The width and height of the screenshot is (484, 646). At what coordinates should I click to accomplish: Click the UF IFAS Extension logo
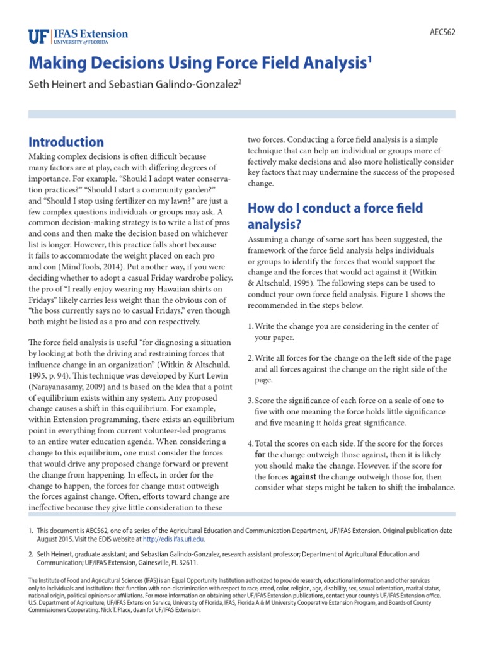(x=78, y=35)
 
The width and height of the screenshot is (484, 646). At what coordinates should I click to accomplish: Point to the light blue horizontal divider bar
(x=242, y=114)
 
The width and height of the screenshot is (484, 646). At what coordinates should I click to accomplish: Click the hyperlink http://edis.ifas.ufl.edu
(x=173, y=539)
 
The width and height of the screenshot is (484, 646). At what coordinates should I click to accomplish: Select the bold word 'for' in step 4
(x=260, y=455)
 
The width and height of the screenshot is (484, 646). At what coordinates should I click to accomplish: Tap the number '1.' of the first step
(x=251, y=326)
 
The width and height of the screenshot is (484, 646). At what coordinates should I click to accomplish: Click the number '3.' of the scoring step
(x=251, y=401)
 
